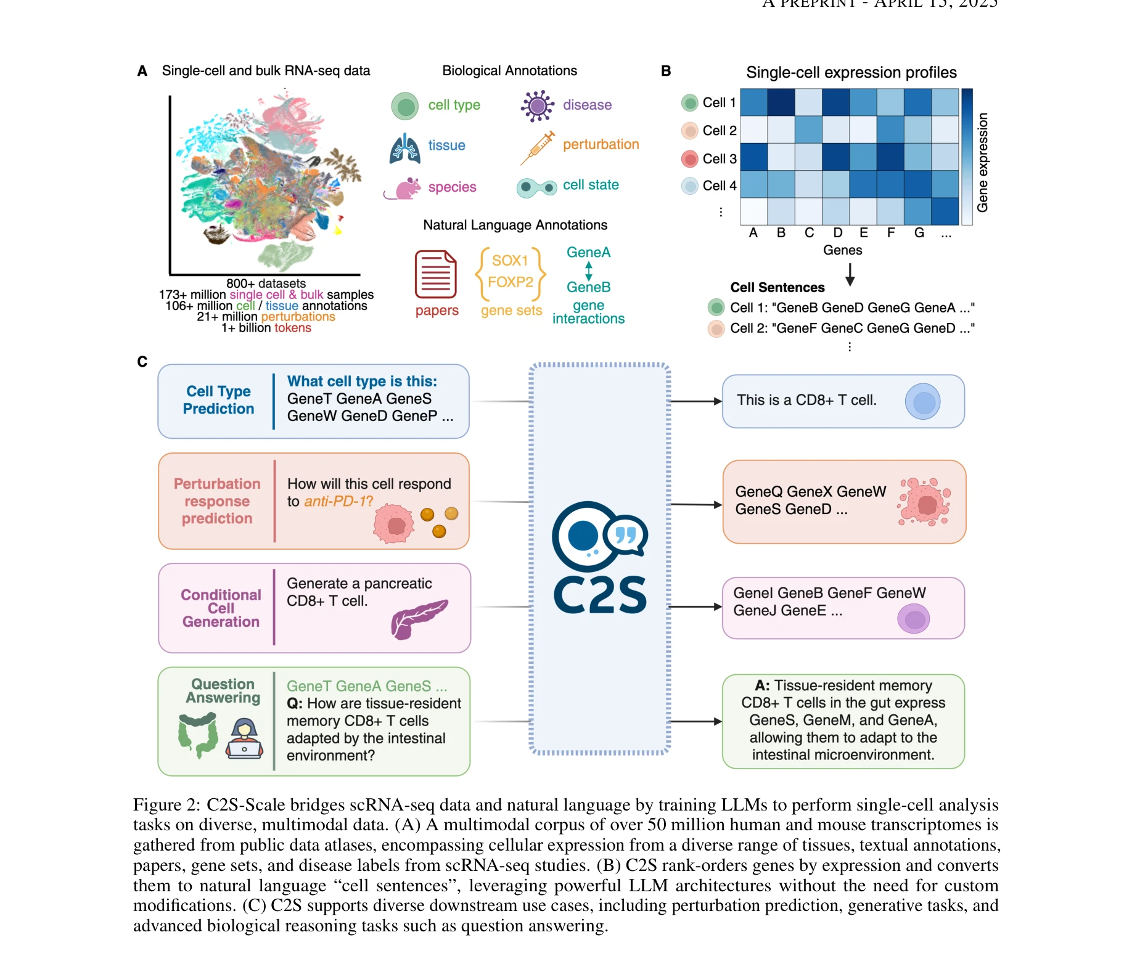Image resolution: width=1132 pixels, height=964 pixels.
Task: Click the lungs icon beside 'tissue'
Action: coord(405,148)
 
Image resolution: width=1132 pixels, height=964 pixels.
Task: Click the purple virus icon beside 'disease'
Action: coord(538,106)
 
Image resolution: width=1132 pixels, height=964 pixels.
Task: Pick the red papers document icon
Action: coord(435,274)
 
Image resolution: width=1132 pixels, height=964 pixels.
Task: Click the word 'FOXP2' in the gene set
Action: coord(511,282)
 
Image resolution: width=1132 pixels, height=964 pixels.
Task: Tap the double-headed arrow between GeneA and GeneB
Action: coord(589,271)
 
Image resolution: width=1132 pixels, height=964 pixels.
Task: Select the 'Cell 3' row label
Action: coord(719,159)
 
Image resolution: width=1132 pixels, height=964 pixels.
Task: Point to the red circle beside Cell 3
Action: coord(689,159)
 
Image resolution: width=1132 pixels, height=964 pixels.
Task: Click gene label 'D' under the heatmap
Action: coord(837,233)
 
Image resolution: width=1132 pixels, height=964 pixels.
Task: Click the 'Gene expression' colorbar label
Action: coord(982,163)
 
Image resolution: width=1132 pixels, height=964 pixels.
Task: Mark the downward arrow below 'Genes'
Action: coord(850,274)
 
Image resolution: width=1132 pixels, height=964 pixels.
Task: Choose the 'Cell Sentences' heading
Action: coord(777,288)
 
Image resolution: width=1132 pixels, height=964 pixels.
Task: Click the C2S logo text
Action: coord(600,596)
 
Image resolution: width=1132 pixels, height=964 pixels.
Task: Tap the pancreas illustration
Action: coord(418,618)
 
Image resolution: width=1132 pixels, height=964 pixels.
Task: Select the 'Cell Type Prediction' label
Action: coord(218,400)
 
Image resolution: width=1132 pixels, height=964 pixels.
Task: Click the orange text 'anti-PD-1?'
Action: coord(338,502)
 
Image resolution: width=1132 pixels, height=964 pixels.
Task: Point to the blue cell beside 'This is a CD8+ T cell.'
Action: coord(922,402)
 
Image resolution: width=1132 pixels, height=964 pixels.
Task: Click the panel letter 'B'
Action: coord(665,71)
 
